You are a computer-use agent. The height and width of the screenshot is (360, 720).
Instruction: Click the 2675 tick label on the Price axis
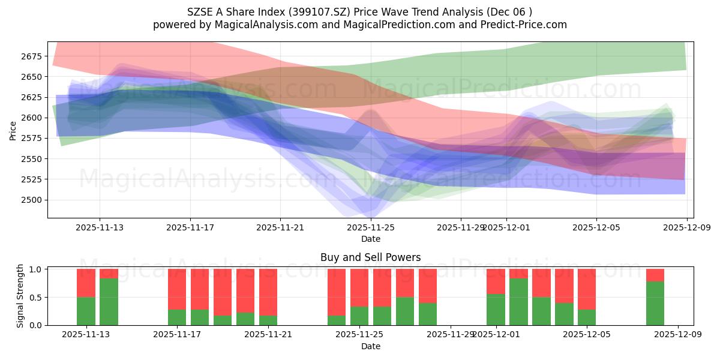32,56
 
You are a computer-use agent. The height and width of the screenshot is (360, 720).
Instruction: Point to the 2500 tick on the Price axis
32,200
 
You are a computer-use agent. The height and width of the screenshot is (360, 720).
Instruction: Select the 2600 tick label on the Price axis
32,118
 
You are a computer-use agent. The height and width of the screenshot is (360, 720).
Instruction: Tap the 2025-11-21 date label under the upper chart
280,228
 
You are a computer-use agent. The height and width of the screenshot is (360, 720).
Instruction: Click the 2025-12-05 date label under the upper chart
596,228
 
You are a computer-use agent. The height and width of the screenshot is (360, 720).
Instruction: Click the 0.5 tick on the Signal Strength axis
36,298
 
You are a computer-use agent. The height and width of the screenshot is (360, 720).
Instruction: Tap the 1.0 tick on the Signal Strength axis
36,269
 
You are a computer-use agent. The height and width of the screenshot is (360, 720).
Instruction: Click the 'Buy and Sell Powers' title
370,257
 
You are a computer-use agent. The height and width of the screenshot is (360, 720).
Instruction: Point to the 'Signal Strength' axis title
20,296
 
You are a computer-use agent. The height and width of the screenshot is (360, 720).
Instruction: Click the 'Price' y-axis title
13,130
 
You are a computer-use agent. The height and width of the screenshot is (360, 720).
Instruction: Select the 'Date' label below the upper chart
371,239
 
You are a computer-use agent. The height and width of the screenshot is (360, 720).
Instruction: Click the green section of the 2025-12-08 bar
655,303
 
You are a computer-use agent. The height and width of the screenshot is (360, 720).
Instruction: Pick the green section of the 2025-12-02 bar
518,301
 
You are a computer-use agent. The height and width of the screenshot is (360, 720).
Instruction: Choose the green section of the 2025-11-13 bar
86,311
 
